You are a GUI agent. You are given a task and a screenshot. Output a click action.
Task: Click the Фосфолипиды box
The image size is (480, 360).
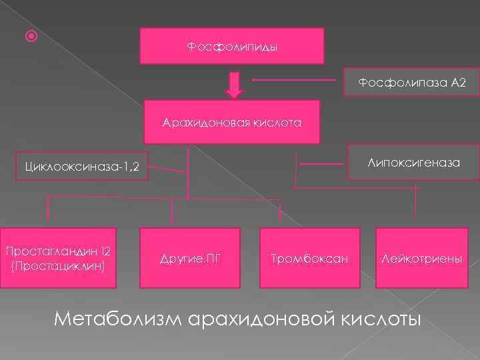click(231, 46)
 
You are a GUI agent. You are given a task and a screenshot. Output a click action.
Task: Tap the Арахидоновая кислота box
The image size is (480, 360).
click(232, 123)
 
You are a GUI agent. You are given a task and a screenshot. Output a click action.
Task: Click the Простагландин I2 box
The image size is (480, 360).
click(58, 258)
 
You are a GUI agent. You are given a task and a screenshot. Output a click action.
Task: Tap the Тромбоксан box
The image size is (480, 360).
click(310, 259)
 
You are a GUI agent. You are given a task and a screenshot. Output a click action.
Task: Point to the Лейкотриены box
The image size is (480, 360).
click(421, 259)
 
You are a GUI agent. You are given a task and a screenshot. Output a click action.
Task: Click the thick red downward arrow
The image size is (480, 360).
click(233, 83)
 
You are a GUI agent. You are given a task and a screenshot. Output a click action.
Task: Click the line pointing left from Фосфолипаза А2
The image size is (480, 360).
click(293, 81)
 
